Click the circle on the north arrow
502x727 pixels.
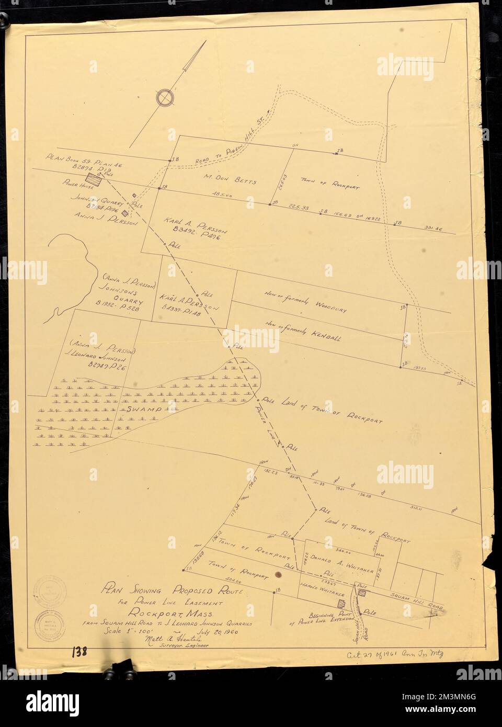point(165,97)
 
